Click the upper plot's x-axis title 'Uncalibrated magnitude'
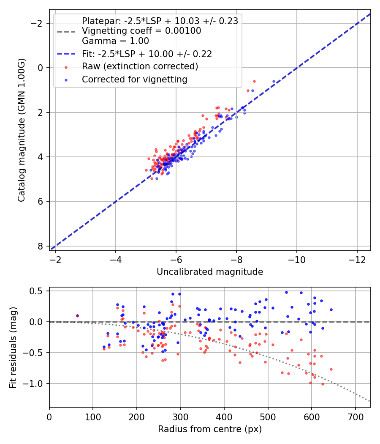[210, 272]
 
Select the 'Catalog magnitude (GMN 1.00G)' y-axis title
[22, 130]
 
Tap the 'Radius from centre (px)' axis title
[210, 429]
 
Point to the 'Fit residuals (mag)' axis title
[13, 347]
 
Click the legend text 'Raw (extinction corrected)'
[140, 66]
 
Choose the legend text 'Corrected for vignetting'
[135, 79]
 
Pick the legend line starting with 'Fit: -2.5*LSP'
[147, 54]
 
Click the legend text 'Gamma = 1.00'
[115, 41]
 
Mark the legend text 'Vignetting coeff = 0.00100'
[141, 31]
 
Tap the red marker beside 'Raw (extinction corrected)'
[65, 67]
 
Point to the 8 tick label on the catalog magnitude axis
[41, 246]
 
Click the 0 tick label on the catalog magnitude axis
[41, 68]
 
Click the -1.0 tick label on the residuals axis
[36, 384]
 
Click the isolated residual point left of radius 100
[77, 315]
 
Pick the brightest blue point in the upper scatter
[274, 81]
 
